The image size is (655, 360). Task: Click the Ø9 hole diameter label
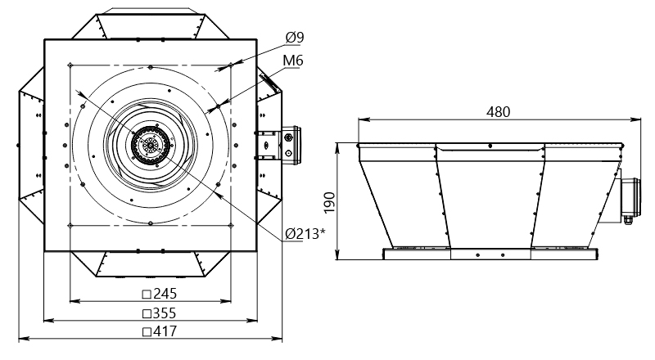coord(295,38)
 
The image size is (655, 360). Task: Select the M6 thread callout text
coord(293,61)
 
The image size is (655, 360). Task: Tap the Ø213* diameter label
coord(305,234)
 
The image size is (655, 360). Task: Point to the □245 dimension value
coord(160,294)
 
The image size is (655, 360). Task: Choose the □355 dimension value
coord(159,313)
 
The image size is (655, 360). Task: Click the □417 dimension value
coord(160,331)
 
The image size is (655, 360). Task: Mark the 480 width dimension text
coord(499,112)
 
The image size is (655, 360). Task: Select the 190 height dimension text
coord(330,202)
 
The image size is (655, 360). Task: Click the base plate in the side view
coord(490,254)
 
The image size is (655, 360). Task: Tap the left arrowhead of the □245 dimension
coord(75,301)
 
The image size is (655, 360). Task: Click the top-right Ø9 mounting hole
coord(231,65)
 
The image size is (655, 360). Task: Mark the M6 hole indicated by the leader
coord(218,107)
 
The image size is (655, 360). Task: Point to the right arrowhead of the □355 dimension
coord(251,321)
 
